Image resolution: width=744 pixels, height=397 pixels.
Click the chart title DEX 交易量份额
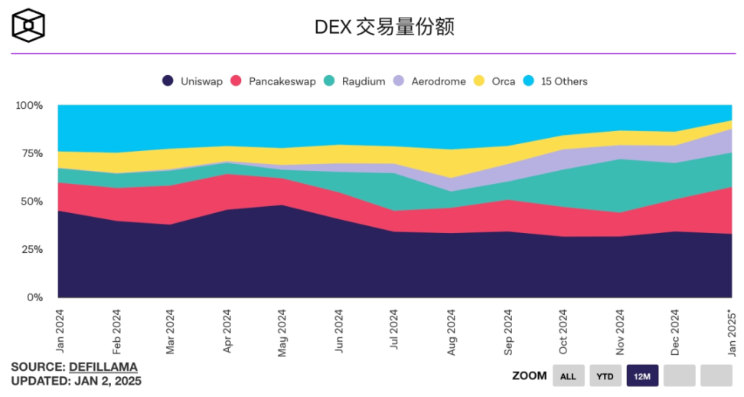385,27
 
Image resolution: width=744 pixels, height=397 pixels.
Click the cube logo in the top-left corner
28,25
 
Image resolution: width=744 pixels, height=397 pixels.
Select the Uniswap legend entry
192,81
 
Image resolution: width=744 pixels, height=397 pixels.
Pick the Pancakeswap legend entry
273,81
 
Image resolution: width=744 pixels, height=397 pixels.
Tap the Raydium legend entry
354,81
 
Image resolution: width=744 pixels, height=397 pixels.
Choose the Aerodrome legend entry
429,81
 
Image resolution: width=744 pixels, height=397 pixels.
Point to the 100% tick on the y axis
29,105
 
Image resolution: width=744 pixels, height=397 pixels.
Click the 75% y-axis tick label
31,153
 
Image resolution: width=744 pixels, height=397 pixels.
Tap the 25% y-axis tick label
31,249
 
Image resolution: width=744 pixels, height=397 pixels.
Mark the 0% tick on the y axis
34,297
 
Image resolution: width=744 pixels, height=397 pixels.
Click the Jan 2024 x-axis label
58,332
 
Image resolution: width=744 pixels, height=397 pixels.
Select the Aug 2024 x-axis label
452,332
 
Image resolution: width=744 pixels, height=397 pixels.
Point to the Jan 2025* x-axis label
732,334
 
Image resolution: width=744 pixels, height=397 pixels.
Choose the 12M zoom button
642,376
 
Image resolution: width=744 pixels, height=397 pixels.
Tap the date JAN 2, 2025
107,380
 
